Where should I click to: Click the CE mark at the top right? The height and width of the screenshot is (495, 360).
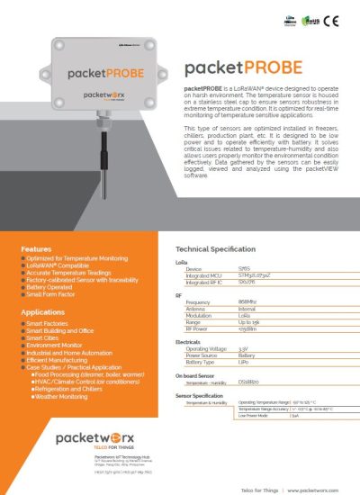[x=331, y=17]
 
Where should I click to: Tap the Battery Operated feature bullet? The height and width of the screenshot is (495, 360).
[x=54, y=286]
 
